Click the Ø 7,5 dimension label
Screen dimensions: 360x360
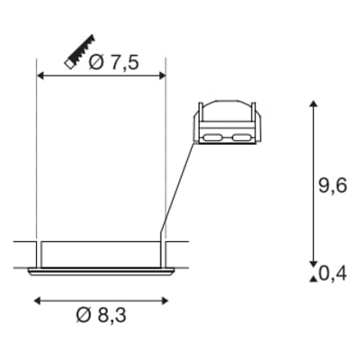[113, 63]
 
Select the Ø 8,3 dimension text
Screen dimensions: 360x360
[102, 315]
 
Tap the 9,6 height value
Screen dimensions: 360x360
[332, 185]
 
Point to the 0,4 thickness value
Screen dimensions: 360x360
[332, 274]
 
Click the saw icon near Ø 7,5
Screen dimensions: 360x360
[79, 52]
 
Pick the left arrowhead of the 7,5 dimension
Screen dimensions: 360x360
[40, 76]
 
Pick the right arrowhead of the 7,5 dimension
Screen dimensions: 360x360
[162, 76]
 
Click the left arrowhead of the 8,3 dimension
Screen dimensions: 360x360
[37, 301]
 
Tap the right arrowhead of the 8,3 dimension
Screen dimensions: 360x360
[165, 301]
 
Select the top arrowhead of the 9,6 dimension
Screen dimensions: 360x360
[313, 104]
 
